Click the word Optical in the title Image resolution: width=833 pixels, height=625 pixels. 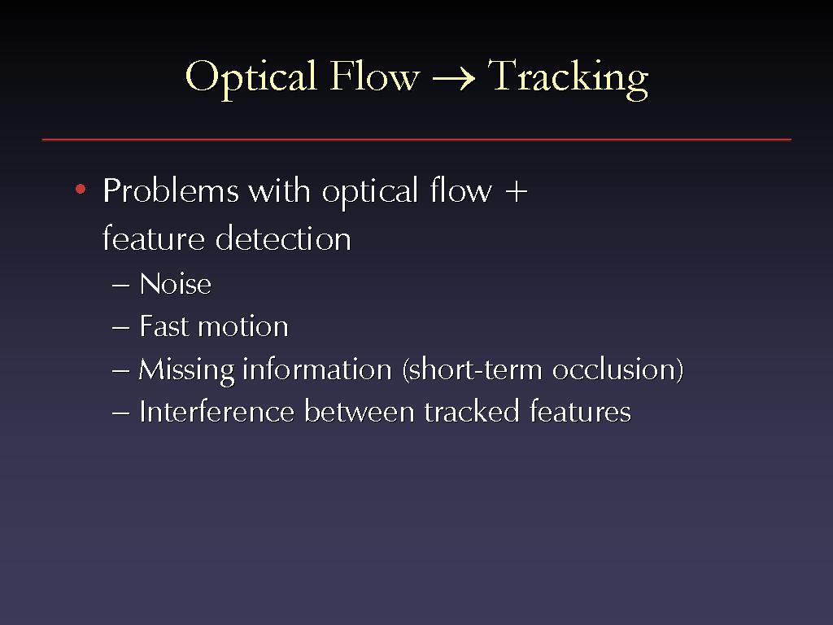[x=251, y=78]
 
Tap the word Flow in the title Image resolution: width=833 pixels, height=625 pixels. [x=374, y=76]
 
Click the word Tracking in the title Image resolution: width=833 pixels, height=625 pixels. [x=568, y=78]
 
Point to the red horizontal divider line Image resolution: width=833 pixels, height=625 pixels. [x=416, y=140]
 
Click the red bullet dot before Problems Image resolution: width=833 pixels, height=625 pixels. [x=81, y=189]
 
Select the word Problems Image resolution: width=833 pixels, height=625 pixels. [x=171, y=190]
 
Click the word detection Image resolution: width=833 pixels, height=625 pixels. [x=283, y=238]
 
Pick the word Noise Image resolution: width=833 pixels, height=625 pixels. [x=176, y=284]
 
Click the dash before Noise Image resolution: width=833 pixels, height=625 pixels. [x=121, y=286]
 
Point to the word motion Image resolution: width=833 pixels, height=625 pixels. [x=242, y=326]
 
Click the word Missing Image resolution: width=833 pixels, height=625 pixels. [x=186, y=370]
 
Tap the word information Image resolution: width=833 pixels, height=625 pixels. [x=317, y=369]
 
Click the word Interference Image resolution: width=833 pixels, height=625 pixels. [x=216, y=411]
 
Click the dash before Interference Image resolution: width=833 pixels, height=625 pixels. [x=121, y=413]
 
